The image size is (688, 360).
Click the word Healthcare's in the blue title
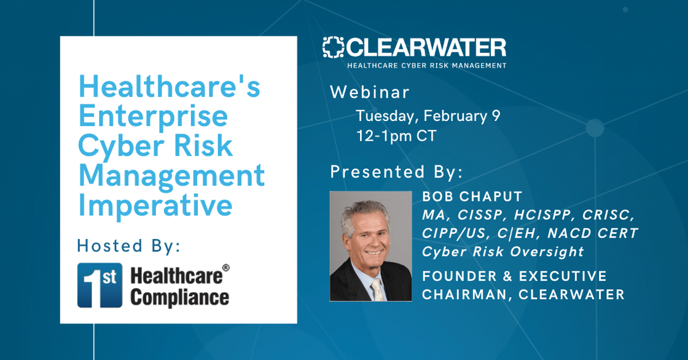click(170, 87)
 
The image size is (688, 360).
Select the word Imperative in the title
click(155, 205)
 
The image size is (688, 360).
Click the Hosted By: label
click(128, 246)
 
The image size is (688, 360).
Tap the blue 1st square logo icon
click(100, 286)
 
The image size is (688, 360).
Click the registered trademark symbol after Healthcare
click(226, 267)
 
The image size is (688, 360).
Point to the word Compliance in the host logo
click(179, 298)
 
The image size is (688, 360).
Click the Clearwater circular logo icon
click(333, 47)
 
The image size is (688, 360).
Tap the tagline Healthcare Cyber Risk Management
click(427, 65)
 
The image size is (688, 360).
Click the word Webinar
click(370, 92)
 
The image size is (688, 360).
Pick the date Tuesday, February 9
click(428, 116)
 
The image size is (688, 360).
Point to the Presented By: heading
click(397, 171)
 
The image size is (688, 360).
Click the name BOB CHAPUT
click(472, 197)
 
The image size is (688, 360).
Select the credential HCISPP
click(545, 215)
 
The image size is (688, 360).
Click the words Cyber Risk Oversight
click(503, 251)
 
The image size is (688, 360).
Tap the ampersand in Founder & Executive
click(508, 276)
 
